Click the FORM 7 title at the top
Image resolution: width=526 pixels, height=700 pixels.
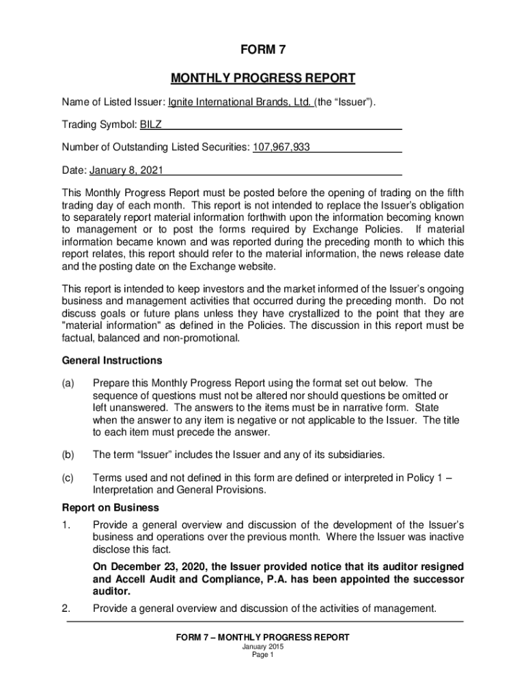click(x=263, y=50)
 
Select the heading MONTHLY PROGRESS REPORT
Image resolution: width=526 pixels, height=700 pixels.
click(x=263, y=78)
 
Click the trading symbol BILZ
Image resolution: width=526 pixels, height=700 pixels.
click(x=151, y=125)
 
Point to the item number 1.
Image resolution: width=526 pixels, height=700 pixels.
click(x=66, y=525)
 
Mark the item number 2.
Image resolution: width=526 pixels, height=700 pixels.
click(x=66, y=608)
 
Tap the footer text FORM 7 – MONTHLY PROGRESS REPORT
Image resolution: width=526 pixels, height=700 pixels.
click(x=263, y=637)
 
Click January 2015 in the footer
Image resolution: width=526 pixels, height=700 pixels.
click(x=263, y=647)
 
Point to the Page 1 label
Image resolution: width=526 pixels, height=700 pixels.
click(x=263, y=655)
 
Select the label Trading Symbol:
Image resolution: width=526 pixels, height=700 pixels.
click(x=100, y=125)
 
